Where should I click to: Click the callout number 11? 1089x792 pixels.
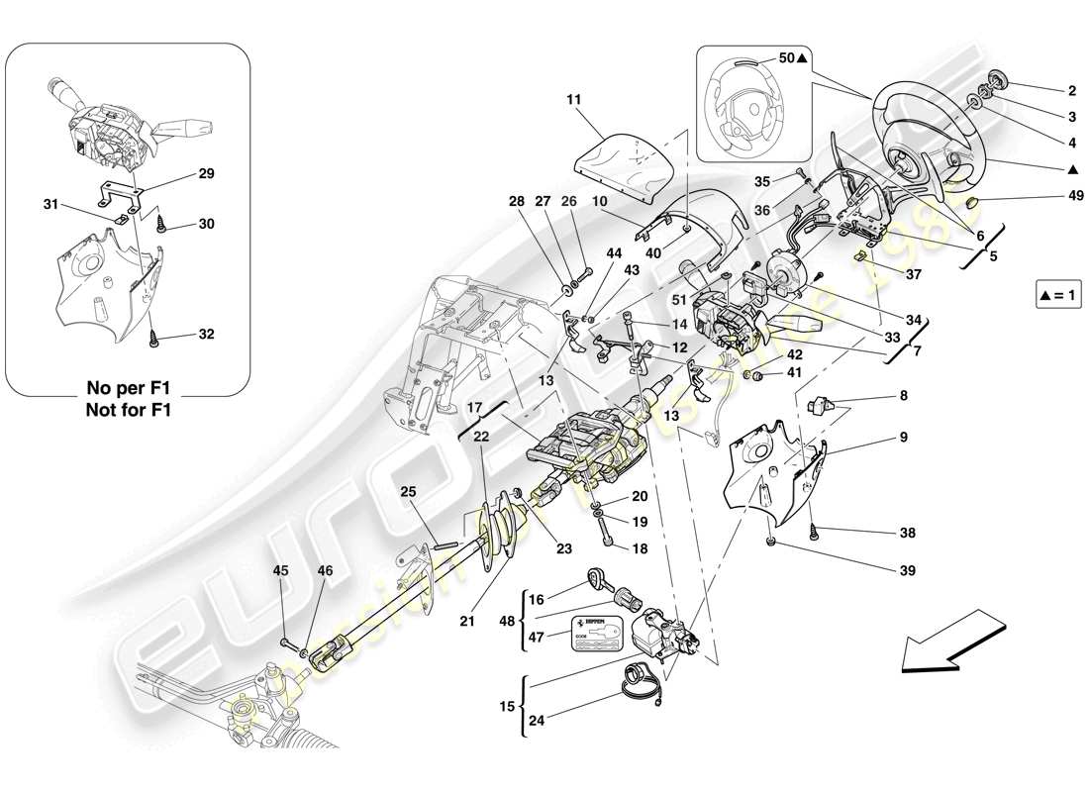coord(574,99)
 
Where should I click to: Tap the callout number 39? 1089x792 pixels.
coord(908,570)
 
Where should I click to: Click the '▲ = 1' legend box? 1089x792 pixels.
coord(1058,295)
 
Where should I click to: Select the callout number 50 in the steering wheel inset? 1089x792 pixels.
coord(787,58)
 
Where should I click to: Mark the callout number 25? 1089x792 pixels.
coord(408,492)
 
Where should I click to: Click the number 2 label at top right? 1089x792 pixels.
coord(1071,91)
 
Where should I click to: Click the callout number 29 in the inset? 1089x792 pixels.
coord(206,173)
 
